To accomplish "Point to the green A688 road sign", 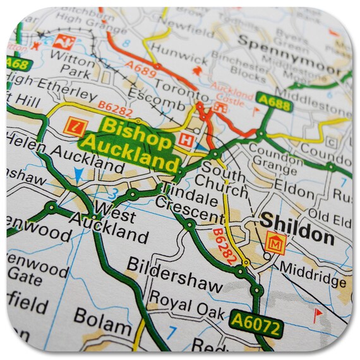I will tap(274, 102).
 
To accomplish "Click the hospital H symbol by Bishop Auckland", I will tap(186, 140).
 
